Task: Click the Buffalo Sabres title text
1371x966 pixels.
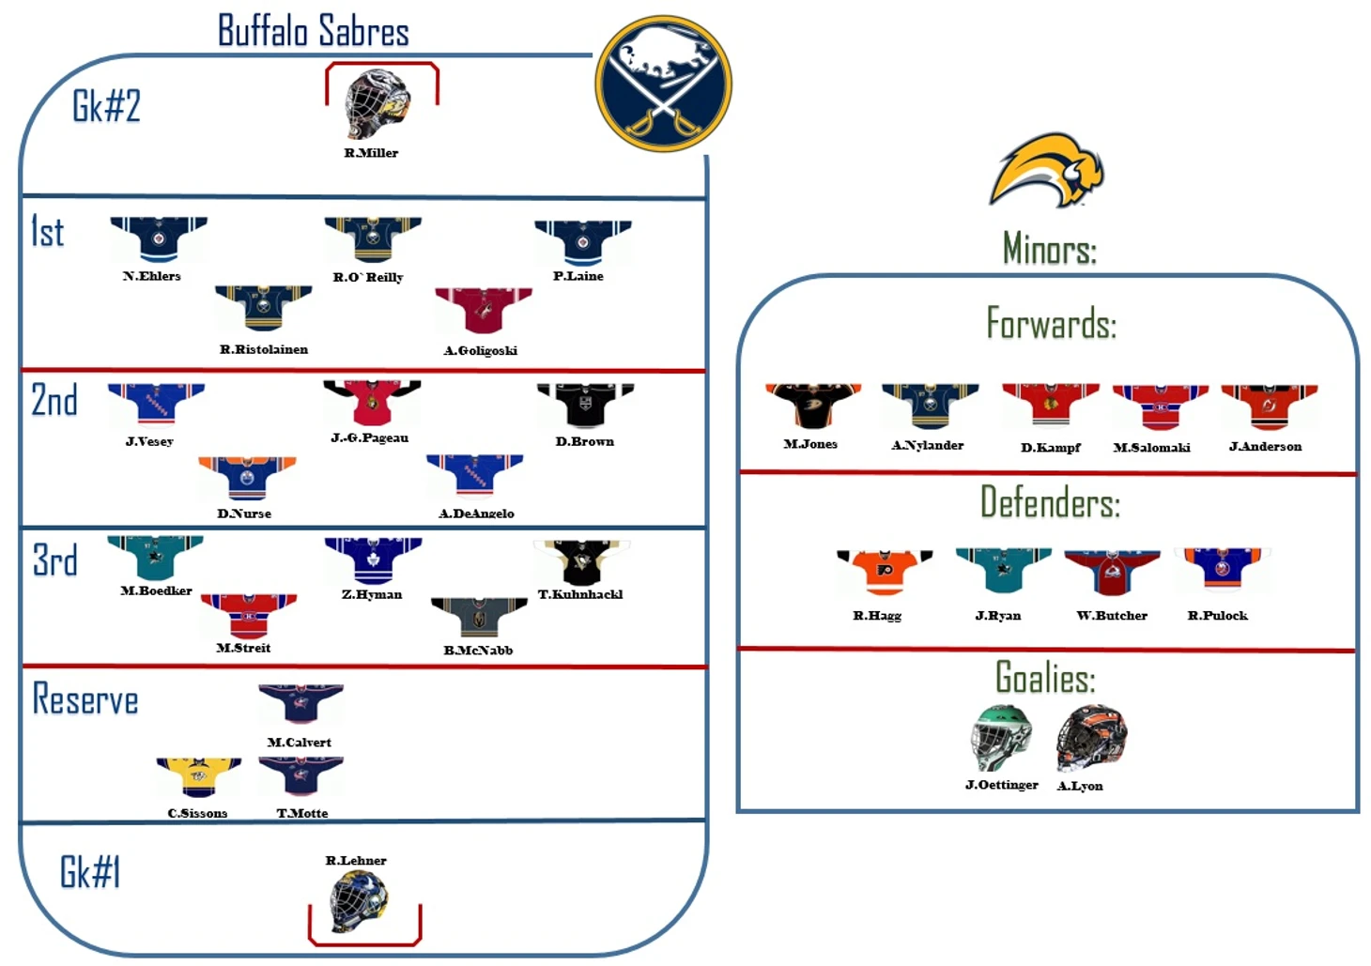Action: point(314,31)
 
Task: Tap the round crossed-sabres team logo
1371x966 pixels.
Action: point(664,84)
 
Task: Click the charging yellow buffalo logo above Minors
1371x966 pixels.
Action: point(1047,170)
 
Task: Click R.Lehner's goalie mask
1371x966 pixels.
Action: point(358,901)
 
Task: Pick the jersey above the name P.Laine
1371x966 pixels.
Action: point(582,242)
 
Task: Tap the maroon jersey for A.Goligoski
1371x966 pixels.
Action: point(484,310)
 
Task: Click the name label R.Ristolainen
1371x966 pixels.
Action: point(264,349)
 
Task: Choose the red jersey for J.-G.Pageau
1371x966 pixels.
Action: point(372,403)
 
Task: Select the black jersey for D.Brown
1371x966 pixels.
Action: point(586,405)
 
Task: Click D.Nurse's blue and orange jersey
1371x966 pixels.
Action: point(247,478)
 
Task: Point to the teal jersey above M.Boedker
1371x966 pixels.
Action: point(156,558)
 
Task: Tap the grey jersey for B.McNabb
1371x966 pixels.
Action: point(479,618)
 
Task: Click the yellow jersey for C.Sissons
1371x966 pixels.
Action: point(199,777)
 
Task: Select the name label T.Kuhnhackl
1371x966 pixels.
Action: point(580,594)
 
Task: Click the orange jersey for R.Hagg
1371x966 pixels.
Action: point(885,572)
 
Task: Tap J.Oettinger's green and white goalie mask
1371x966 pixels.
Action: point(1001,737)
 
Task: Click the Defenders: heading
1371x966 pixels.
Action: point(1050,501)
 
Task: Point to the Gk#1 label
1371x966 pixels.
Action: point(90,871)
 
